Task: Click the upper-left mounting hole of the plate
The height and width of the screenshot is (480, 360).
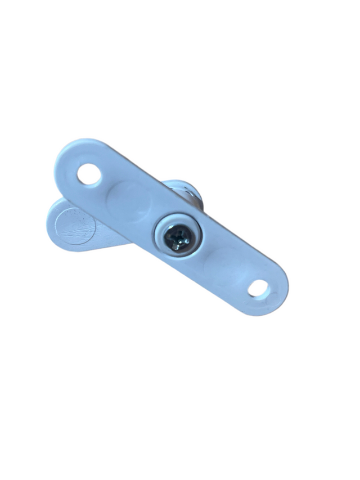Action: point(89,174)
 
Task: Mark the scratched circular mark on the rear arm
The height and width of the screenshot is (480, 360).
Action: point(74,225)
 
